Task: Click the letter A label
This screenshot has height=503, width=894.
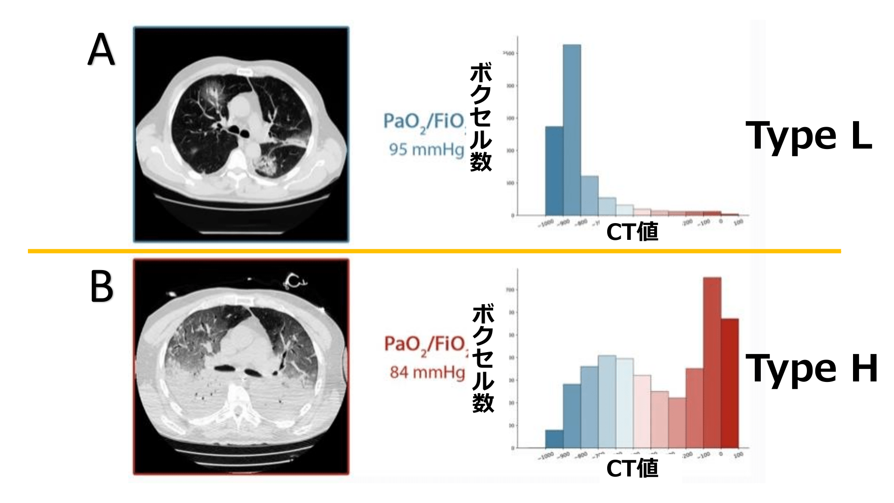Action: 101,50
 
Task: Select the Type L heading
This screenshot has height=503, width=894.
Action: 809,135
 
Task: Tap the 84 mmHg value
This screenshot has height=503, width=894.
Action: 427,372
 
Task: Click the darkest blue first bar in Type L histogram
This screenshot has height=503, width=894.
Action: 554,170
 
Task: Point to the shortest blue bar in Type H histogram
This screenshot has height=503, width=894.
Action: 554,438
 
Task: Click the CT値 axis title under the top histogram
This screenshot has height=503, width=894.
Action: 632,231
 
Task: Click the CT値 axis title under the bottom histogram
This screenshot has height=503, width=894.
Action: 632,468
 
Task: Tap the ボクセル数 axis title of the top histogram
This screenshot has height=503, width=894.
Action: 481,118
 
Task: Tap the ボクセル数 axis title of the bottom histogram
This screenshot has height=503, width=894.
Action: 483,359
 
